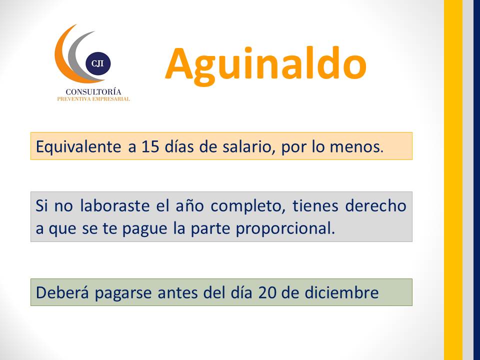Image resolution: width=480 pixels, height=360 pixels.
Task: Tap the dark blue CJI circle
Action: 98,63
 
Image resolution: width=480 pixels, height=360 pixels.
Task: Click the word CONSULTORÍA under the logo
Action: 93,91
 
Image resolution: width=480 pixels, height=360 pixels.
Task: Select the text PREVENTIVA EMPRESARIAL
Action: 93,99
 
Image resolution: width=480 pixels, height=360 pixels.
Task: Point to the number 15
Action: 150,146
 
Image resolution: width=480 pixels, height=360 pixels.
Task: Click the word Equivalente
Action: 78,146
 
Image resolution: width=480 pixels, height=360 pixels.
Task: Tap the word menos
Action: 356,147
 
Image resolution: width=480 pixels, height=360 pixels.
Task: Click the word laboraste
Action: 115,205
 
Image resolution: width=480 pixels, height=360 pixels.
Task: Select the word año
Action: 190,205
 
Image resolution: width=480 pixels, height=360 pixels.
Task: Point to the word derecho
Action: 375,205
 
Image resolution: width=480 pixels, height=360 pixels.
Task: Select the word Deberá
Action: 62,292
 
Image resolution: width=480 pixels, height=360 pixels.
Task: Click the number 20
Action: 267,292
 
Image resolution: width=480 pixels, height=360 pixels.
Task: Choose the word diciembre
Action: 341,292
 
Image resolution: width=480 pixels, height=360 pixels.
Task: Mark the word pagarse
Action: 123,293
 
